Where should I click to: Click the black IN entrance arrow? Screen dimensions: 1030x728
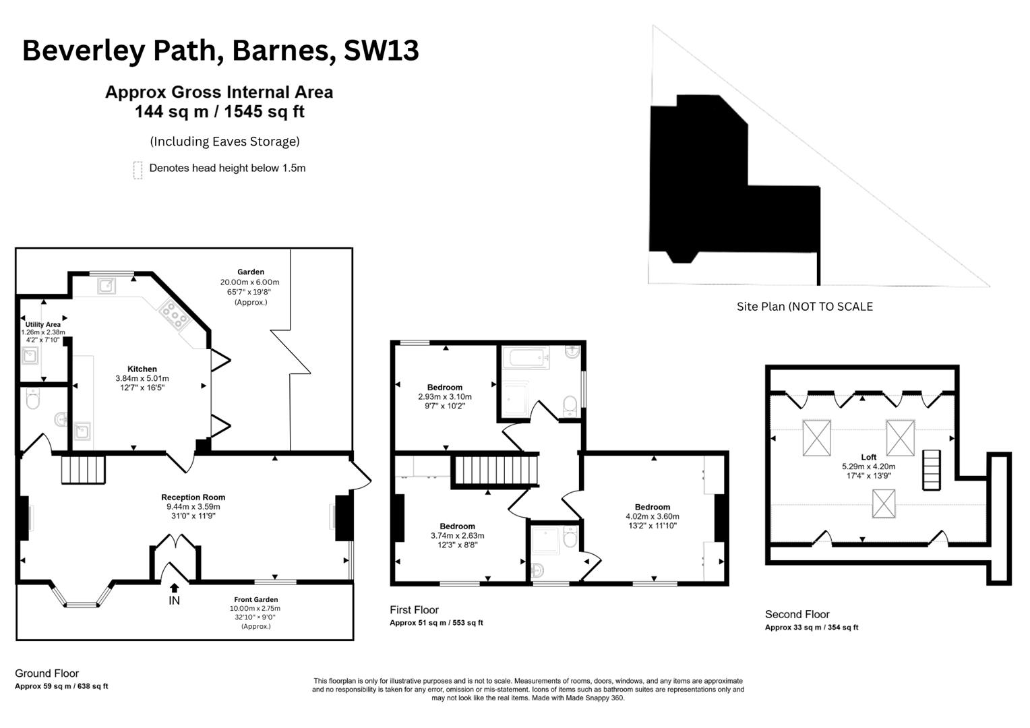click(175, 588)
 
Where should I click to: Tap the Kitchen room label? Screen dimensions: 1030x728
click(142, 369)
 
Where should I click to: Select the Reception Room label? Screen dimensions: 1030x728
click(193, 497)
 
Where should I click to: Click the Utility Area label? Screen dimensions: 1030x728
click(42, 324)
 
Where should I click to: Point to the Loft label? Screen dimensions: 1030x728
click(869, 456)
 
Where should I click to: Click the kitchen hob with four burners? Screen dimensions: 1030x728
click(175, 315)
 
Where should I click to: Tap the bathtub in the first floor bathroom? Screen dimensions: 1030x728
click(526, 358)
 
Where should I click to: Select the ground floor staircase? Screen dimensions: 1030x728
click(83, 470)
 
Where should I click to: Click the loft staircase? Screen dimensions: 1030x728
click(932, 470)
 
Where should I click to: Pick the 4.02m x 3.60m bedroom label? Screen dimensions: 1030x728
click(653, 516)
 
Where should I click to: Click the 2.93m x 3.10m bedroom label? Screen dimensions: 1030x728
click(445, 396)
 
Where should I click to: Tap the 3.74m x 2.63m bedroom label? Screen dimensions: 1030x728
click(458, 535)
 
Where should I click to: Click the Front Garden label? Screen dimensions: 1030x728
click(256, 599)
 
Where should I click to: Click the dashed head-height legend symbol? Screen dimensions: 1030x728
click(138, 170)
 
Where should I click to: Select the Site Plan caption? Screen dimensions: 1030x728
click(805, 306)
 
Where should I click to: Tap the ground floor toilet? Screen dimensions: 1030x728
click(32, 399)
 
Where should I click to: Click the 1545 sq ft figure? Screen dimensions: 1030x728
click(264, 111)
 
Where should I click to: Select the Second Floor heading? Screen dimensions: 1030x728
click(797, 614)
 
